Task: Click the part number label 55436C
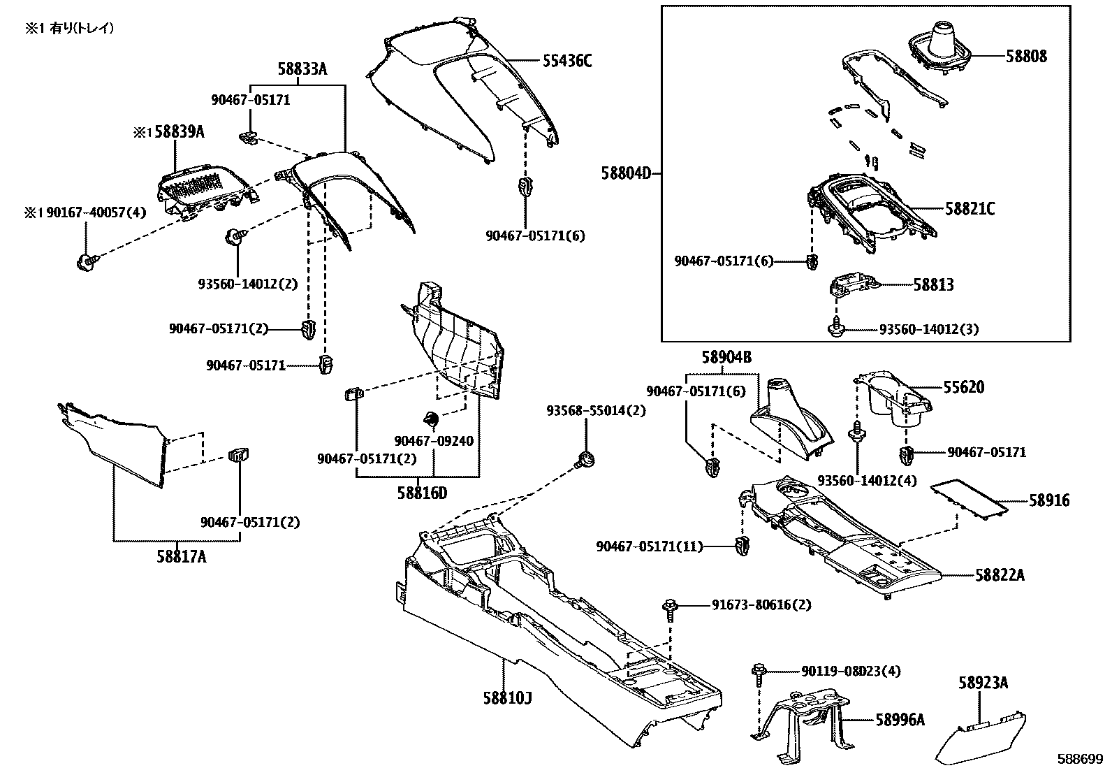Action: [x=566, y=61]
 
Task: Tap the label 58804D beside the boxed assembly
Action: [x=625, y=173]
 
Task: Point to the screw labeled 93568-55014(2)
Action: [x=585, y=461]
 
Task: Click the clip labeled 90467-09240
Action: [x=431, y=419]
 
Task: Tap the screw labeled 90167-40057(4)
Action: [x=85, y=261]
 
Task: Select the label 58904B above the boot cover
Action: [x=726, y=358]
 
